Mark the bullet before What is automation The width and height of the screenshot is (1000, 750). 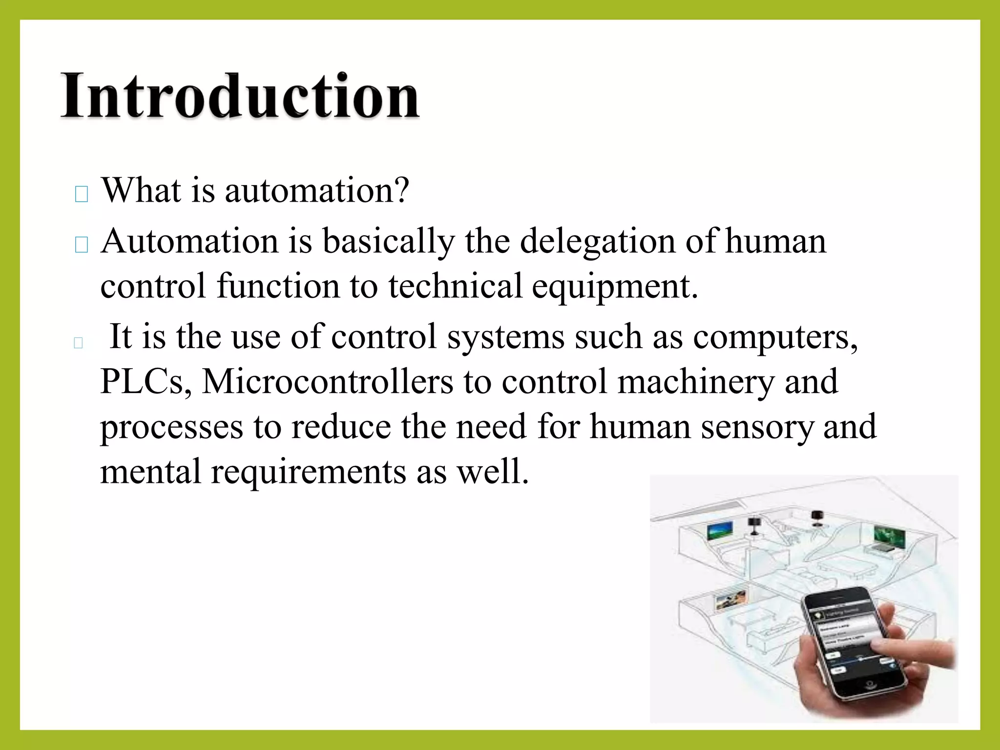pyautogui.click(x=82, y=194)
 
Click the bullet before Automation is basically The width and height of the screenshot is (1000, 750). pyautogui.click(x=82, y=245)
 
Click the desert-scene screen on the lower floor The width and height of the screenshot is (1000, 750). pyautogui.click(x=728, y=601)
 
